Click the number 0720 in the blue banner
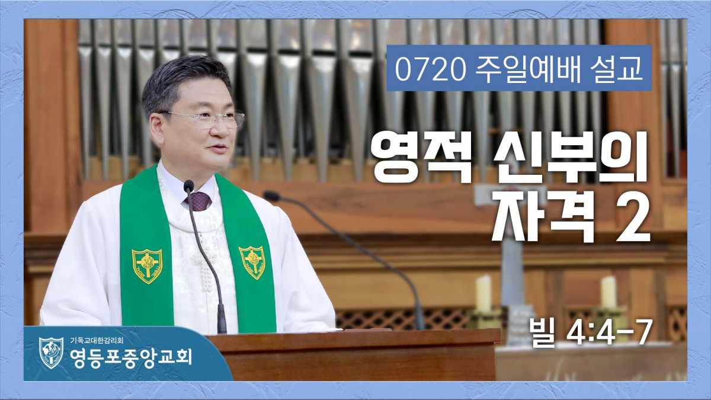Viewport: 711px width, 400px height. pyautogui.click(x=430, y=71)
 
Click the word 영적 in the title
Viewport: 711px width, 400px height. pyautogui.click(x=422, y=157)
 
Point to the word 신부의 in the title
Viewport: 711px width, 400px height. pyautogui.click(x=571, y=156)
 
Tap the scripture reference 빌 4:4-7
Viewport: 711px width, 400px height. pyautogui.click(x=589, y=333)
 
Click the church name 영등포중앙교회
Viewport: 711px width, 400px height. pyautogui.click(x=131, y=357)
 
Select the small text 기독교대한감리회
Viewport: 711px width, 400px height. pyautogui.click(x=97, y=341)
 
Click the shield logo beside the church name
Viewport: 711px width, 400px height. pyautogui.click(x=51, y=353)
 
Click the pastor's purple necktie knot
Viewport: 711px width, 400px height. pyautogui.click(x=198, y=201)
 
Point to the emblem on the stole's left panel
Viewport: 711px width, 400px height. pyautogui.click(x=147, y=265)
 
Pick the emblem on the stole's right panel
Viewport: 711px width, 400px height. pyautogui.click(x=252, y=262)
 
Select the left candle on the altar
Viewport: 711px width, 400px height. pyautogui.click(x=483, y=293)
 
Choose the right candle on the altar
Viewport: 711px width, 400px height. pyautogui.click(x=608, y=292)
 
